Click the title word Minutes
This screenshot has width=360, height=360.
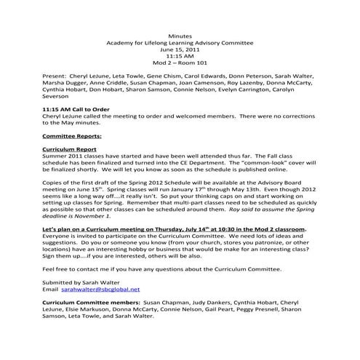(x=180, y=35)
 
